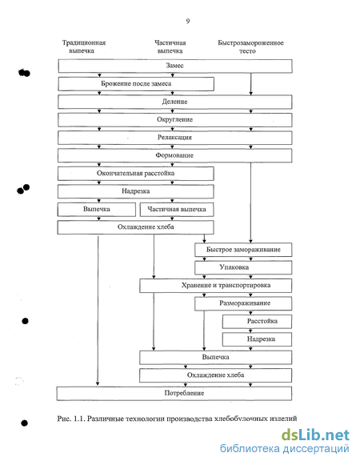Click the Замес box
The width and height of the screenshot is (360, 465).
pyautogui.click(x=175, y=66)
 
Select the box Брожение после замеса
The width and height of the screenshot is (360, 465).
pyautogui.click(x=136, y=84)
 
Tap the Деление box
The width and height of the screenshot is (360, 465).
pyautogui.click(x=175, y=102)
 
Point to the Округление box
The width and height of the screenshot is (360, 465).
pyautogui.click(x=175, y=120)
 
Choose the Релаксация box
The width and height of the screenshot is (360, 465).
pyautogui.click(x=175, y=138)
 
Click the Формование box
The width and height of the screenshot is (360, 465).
pyautogui.click(x=175, y=155)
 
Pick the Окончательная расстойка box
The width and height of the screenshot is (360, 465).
pyautogui.click(x=136, y=174)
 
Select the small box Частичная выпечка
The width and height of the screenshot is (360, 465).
pyautogui.click(x=177, y=210)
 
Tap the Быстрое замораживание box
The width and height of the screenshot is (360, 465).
pyautogui.click(x=243, y=250)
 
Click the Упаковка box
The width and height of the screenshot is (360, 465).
pyautogui.click(x=243, y=267)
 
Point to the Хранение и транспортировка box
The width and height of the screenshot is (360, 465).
pyautogui.click(x=216, y=286)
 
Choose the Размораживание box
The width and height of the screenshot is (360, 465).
pyautogui.click(x=243, y=303)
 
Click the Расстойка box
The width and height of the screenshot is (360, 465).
pyautogui.click(x=257, y=322)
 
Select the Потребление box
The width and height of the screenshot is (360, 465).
pyautogui.click(x=174, y=394)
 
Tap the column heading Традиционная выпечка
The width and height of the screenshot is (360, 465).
pyautogui.click(x=84, y=46)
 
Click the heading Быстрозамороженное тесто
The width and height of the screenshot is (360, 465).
pyautogui.click(x=250, y=47)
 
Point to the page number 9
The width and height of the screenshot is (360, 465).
pyautogui.click(x=188, y=21)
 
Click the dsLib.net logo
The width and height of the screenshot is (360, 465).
pyautogui.click(x=315, y=435)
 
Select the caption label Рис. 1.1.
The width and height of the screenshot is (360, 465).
pyautogui.click(x=71, y=419)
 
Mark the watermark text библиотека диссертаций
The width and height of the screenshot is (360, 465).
pyautogui.click(x=284, y=449)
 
